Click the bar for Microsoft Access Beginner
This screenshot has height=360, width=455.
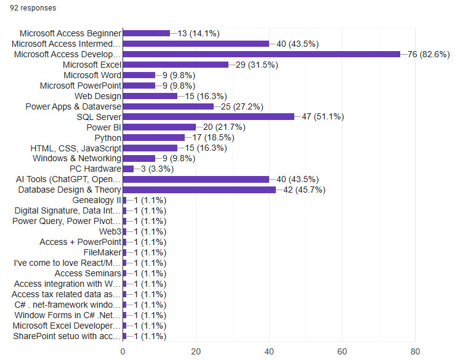coord(147,33)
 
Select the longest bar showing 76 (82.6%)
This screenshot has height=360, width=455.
coord(262,54)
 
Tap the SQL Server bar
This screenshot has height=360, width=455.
coord(209,117)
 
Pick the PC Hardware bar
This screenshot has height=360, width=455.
coord(128,169)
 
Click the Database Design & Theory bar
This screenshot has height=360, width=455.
coord(199,190)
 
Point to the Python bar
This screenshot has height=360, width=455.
coord(154,137)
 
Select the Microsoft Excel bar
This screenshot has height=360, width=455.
coord(175,65)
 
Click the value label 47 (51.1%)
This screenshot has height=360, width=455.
coord(323,117)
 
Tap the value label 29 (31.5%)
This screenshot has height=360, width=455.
coord(257,65)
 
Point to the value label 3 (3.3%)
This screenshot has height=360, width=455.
coord(157,169)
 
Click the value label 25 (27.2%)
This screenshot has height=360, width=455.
coord(242,106)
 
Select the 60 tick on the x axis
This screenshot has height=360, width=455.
coord(342,351)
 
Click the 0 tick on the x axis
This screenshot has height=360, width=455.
coord(123,351)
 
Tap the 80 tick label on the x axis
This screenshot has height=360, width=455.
coord(415,351)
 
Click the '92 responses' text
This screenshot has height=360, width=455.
coord(33,8)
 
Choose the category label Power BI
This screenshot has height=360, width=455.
coord(103,127)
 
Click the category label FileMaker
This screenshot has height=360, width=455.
coord(102,253)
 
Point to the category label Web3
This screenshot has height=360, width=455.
coord(110,231)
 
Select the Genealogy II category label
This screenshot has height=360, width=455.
coord(97,201)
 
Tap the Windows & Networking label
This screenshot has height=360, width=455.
coord(77,158)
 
